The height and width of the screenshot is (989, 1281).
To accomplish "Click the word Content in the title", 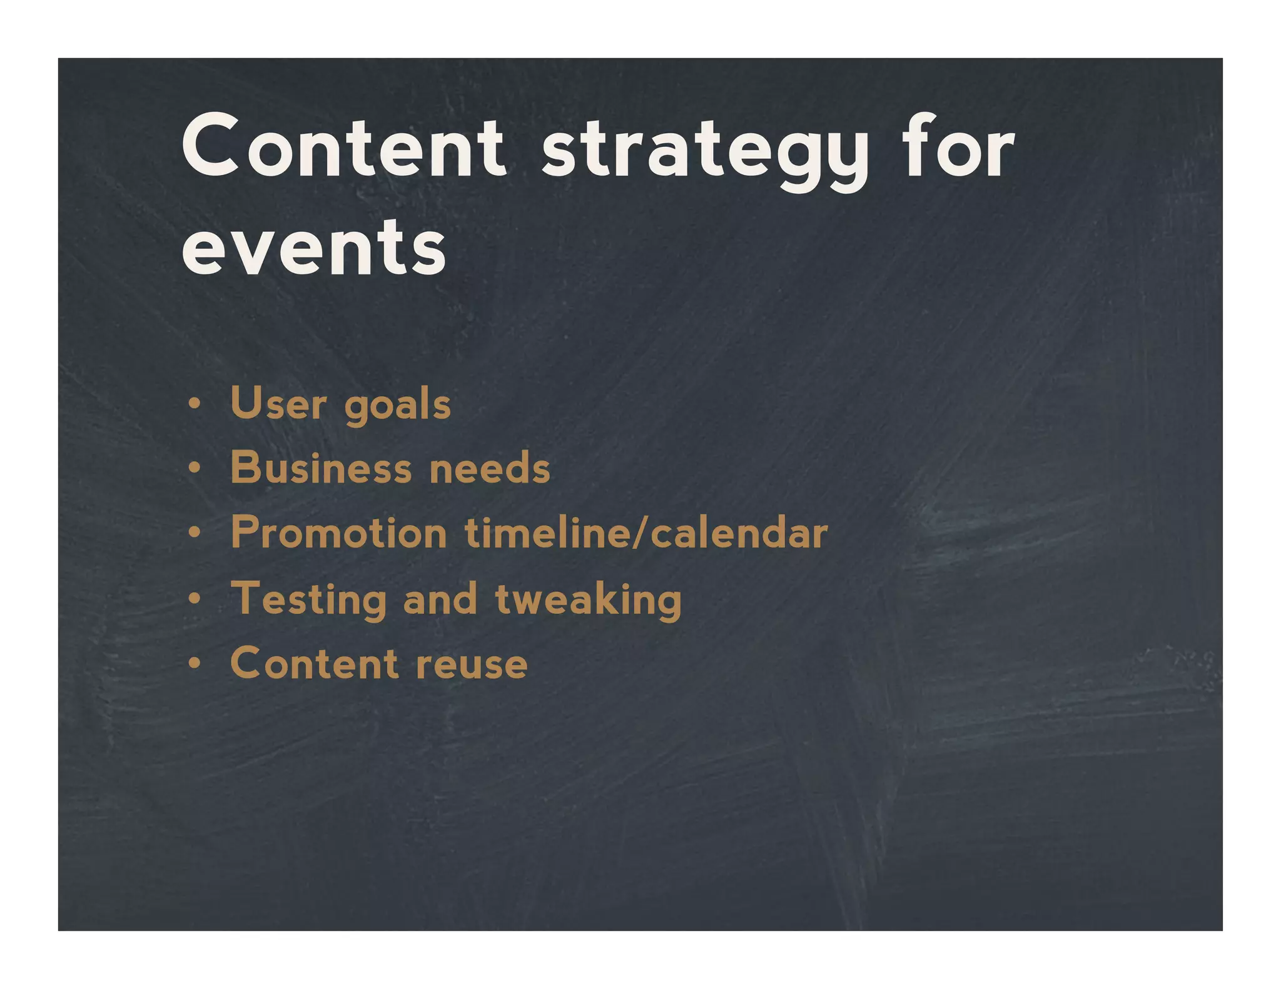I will coord(343,148).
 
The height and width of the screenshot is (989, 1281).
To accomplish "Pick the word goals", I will coord(397,406).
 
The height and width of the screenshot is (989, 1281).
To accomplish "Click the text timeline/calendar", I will coord(646,533).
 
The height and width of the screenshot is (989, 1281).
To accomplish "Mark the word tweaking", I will coord(588,600).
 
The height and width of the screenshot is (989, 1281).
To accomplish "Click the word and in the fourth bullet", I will coord(440,599).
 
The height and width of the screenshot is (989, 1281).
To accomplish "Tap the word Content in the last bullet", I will coord(314,663).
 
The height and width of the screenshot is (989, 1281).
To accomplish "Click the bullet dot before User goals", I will coord(195,404).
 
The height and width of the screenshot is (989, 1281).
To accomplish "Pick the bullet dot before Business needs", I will coord(195,468).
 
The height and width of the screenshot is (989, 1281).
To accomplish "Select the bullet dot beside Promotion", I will coord(195,533).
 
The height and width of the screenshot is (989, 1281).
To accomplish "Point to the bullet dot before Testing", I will coord(195,599).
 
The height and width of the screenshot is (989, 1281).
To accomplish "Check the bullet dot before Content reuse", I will coord(195,664).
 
